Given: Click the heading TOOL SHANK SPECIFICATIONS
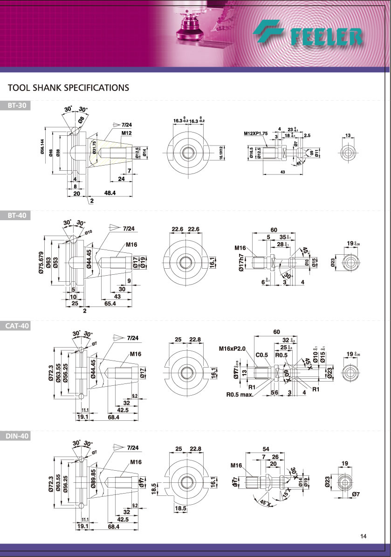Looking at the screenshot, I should (69, 88).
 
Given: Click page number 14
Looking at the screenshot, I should (364, 536).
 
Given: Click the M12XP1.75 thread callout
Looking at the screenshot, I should (255, 133).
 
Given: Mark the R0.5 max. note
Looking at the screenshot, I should (240, 394).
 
